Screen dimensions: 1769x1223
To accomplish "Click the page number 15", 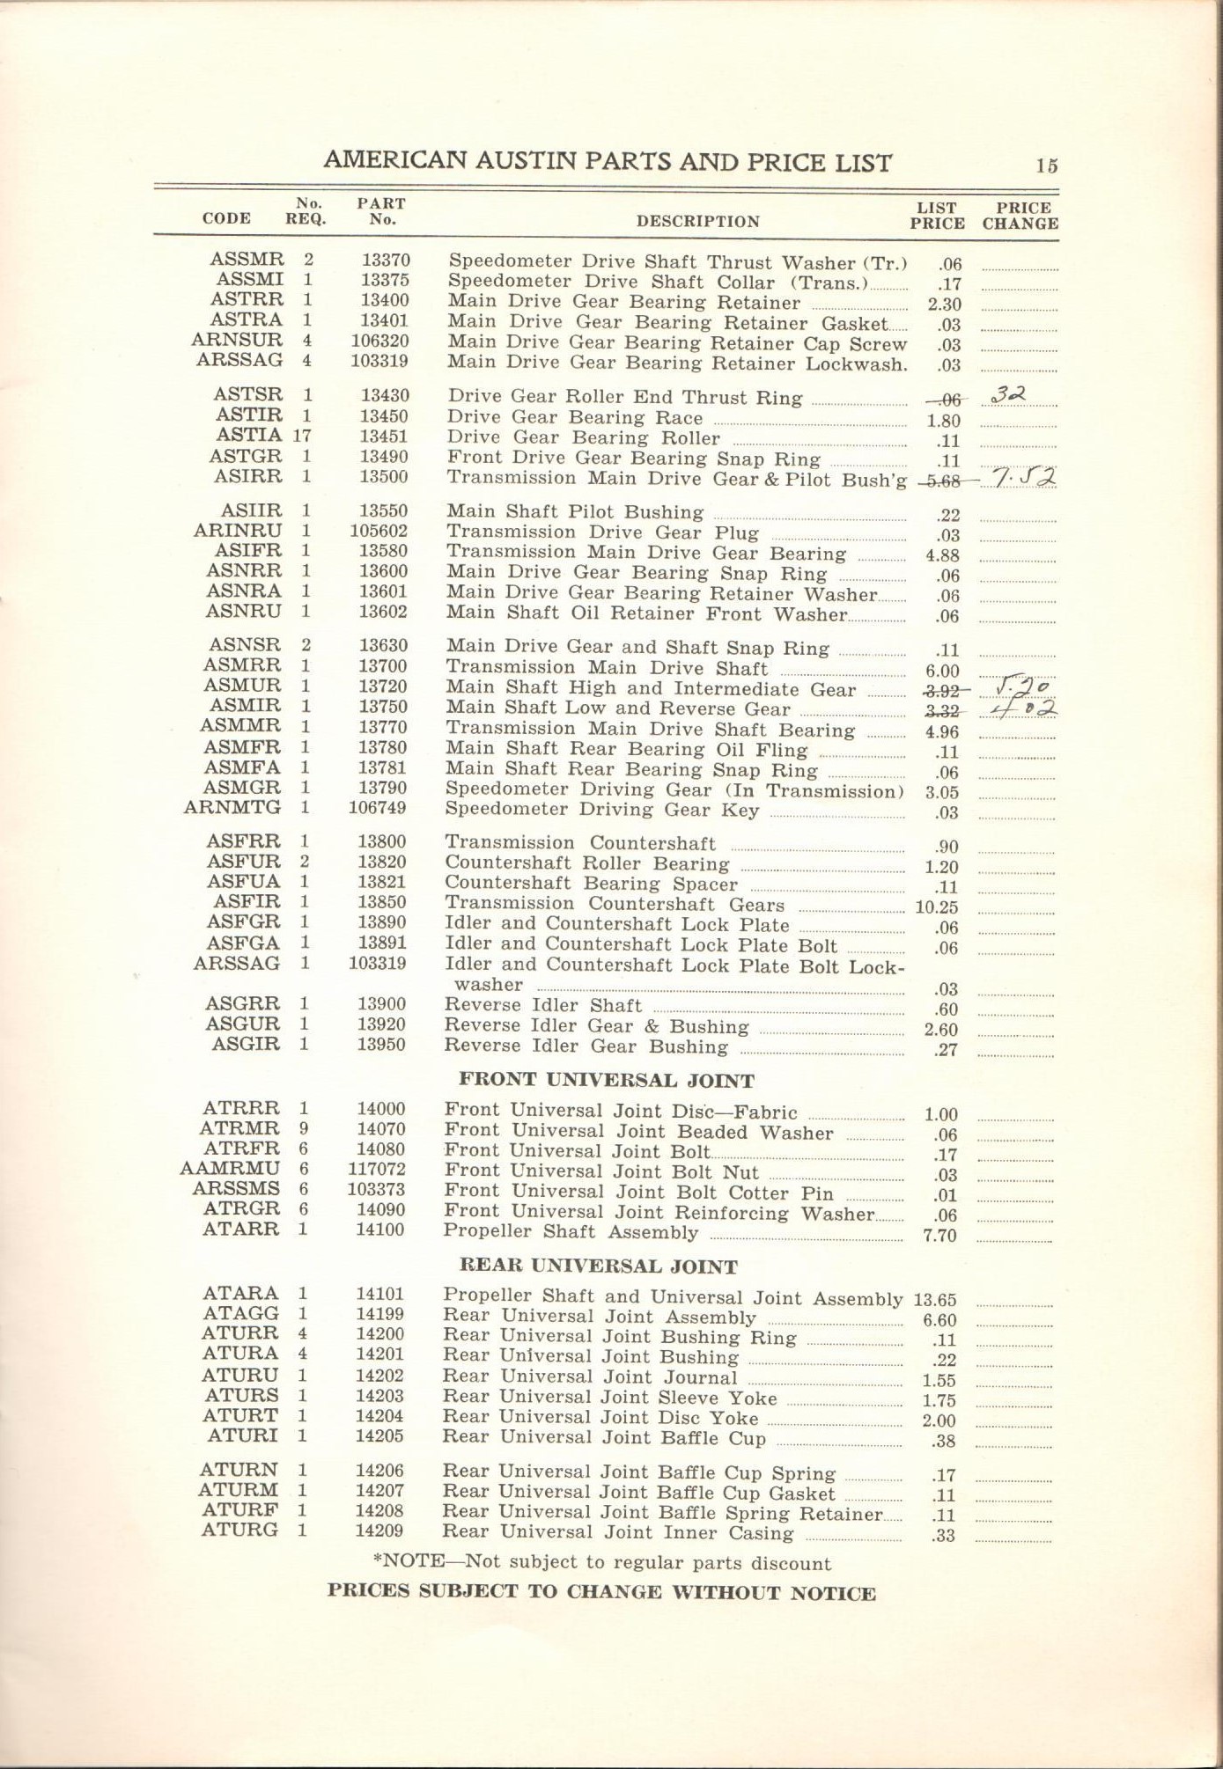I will tap(1046, 165).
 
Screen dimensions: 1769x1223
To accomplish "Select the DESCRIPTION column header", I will tap(697, 222).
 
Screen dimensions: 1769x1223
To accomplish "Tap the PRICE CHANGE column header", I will tap(1020, 216).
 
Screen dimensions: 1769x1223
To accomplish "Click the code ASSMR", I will tap(247, 260).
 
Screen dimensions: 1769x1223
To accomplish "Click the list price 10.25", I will tap(936, 907).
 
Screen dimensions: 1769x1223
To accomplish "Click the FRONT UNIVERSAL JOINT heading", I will tap(607, 1081).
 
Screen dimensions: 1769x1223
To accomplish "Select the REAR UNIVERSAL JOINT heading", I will tap(598, 1267).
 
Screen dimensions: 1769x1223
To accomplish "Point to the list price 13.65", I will tap(934, 1300).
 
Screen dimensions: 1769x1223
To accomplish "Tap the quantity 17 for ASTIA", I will tap(302, 436).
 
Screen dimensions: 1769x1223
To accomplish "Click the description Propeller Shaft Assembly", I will tap(571, 1231).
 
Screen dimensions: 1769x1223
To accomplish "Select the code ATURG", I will tap(239, 1530).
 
